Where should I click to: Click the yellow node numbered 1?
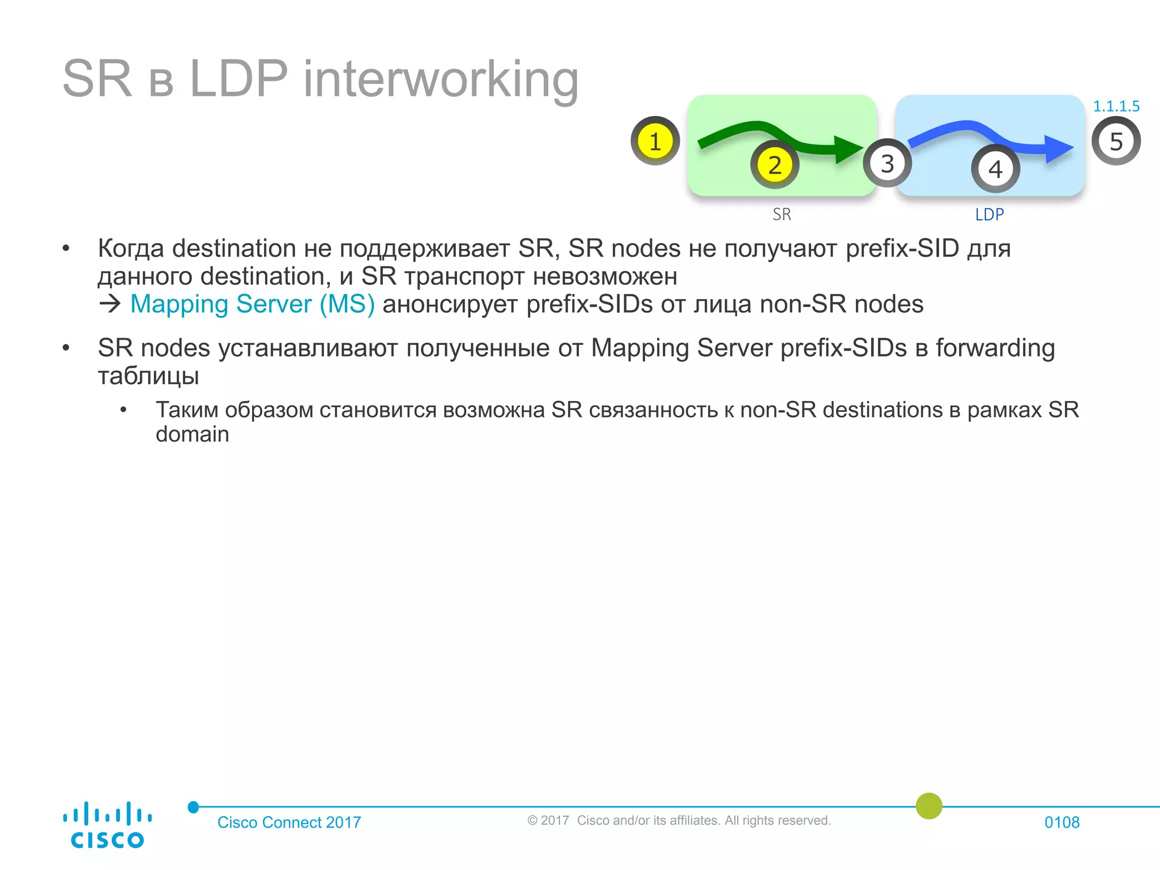655,141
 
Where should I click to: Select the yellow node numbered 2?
774,165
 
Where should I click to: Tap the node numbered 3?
887,164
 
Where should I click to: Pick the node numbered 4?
995,169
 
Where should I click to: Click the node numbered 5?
1115,141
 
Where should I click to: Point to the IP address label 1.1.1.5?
1115,106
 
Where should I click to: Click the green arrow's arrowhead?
849,149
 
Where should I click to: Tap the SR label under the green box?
782,215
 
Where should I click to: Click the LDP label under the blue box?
989,215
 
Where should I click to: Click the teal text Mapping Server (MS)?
252,304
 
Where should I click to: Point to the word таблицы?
148,376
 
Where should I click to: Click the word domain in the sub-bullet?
192,434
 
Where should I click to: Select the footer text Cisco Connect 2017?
289,822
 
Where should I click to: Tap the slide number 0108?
1061,822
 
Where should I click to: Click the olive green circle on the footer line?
929,805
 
